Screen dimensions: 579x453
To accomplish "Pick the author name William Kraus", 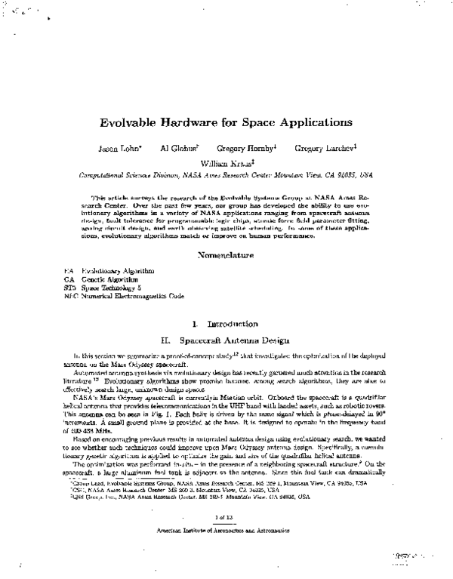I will click(x=226, y=162).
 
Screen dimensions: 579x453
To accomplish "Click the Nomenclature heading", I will click(x=226, y=256).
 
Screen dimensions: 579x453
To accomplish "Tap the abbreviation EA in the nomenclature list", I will click(x=69, y=270).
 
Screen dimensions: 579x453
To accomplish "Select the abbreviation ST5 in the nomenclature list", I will click(x=70, y=288).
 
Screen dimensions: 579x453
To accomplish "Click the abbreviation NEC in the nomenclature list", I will click(x=71, y=297).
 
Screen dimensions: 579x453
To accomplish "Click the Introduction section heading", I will click(x=226, y=324).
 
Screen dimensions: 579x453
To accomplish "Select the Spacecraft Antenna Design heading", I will click(x=226, y=340).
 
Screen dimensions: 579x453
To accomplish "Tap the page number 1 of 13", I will click(x=226, y=517).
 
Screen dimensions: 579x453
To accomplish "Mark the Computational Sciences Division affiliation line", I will click(x=226, y=174).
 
